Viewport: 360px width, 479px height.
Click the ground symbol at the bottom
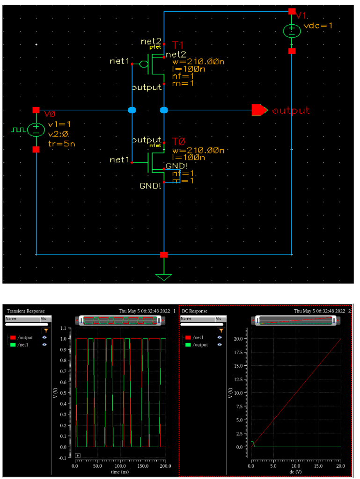(x=163, y=276)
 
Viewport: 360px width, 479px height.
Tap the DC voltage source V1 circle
(x=291, y=31)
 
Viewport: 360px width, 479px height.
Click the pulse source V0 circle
(x=36, y=130)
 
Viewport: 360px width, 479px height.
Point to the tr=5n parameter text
(x=62, y=144)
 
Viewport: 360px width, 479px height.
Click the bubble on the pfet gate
(x=144, y=64)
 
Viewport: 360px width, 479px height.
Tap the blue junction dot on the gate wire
(x=132, y=110)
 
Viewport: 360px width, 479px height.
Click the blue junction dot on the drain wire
(x=164, y=110)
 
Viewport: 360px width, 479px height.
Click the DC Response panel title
(x=194, y=311)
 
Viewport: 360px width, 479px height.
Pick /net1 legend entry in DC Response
(x=198, y=337)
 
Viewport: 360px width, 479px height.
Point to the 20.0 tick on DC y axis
(x=241, y=338)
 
